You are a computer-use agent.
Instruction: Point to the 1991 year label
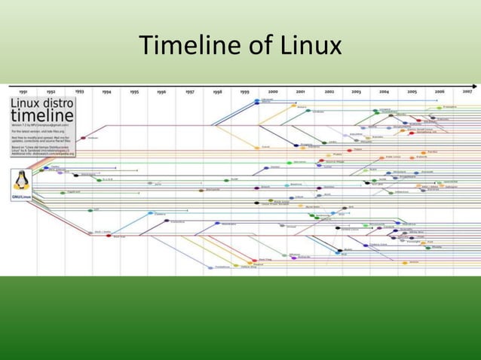coord(24,91)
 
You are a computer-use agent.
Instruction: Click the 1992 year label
coord(51,91)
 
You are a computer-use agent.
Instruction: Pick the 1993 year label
coord(79,91)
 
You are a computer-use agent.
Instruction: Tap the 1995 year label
coord(134,91)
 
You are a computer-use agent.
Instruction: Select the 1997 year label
coord(190,91)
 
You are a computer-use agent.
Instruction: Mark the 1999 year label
coord(245,91)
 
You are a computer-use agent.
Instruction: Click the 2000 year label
coord(273,91)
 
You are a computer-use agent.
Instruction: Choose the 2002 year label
coord(329,91)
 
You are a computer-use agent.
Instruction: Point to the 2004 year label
coord(384,91)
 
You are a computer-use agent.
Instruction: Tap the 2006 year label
coord(440,91)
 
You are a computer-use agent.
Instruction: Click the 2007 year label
coord(467,91)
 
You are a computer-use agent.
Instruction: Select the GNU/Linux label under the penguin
coord(21,197)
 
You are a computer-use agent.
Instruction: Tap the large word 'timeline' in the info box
coord(42,116)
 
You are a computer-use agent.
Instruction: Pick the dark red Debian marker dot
coord(83,138)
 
